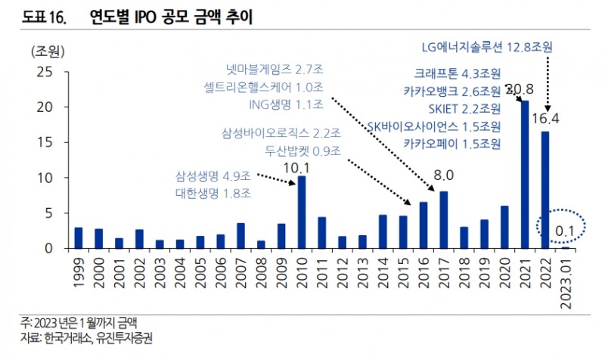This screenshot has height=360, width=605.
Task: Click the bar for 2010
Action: point(302,213)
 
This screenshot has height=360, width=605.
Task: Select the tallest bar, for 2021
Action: point(524,175)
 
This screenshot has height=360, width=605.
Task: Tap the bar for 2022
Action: point(544,190)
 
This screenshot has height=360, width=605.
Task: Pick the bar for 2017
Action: point(444,219)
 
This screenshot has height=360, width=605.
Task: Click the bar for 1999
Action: point(79,237)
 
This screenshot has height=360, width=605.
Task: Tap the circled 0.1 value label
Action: point(561,227)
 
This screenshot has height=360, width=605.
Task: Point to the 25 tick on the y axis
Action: point(45,73)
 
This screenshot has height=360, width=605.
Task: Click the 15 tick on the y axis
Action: point(45,143)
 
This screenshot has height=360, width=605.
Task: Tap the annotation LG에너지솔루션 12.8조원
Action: point(487,47)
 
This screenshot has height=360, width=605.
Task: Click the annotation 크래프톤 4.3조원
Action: point(457,74)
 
